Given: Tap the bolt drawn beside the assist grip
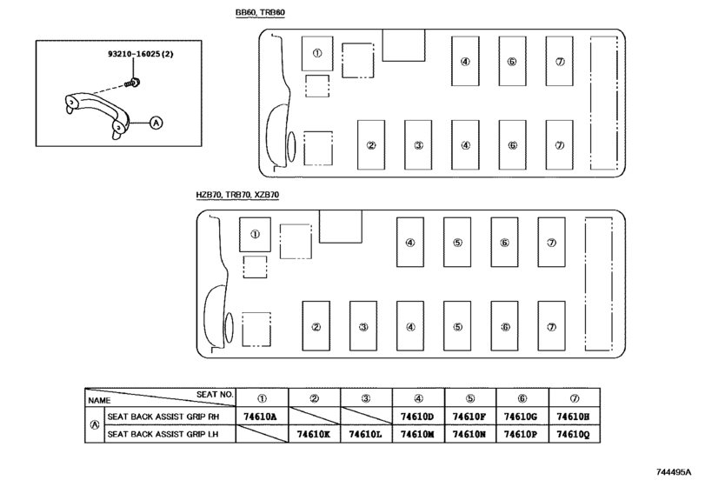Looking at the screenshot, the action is pos(133,83).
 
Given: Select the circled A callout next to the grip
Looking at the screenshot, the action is pos(156,123).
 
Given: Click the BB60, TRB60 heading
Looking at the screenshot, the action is pos(260,12).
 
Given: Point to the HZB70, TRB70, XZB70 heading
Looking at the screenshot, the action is pos(237,195).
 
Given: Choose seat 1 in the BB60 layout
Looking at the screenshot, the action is pos(317,54).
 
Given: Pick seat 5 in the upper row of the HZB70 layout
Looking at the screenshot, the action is pos(457,243).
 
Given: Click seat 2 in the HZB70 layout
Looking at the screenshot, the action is pos(316,326).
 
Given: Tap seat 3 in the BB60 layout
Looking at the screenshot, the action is pos(418,145).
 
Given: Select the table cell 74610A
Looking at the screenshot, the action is pos(260,417).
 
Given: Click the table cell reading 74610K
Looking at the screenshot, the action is pos(314,435).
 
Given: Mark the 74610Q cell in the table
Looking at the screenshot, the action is pos(573,435).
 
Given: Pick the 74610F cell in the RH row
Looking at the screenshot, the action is pos(469,417).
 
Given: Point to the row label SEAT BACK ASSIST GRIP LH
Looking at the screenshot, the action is pos(163,435).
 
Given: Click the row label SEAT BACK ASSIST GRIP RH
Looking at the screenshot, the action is pos(163,417).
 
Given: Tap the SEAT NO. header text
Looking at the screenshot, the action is pos(215,394).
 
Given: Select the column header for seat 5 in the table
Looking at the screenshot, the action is pos(469,398).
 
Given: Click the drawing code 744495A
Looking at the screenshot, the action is pos(674,472).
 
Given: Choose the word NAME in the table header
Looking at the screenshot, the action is pos(99,401).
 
